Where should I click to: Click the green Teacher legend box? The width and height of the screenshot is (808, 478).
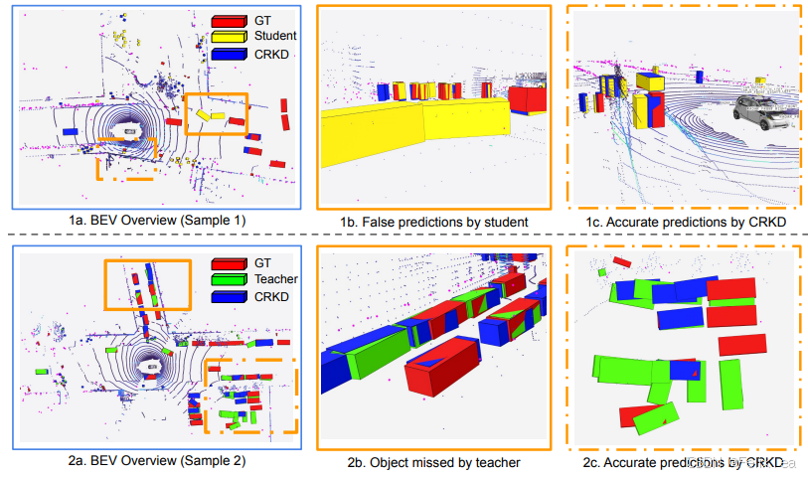228,279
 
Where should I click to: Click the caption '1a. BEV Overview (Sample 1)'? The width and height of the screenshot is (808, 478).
156,220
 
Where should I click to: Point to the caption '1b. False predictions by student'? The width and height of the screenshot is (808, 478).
431,220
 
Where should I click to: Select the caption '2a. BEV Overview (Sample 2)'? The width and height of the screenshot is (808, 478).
156,460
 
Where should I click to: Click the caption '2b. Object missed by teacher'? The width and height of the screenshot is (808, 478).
433,461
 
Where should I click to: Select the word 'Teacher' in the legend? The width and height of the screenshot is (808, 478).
277,279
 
